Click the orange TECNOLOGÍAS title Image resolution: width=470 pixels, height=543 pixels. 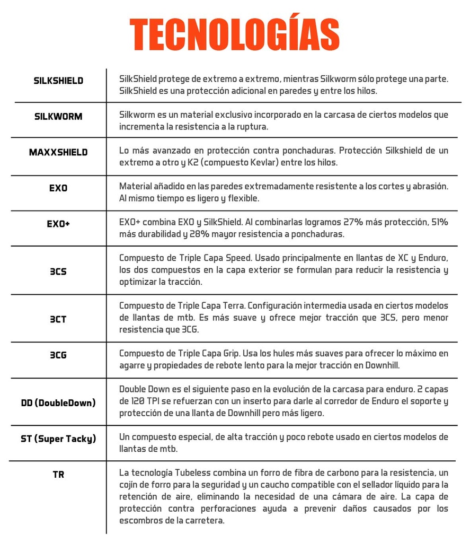[x=235, y=35]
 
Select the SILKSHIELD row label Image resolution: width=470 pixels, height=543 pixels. [x=58, y=81]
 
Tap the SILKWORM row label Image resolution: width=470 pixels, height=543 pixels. [x=58, y=116]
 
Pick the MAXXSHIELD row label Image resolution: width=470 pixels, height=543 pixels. [x=58, y=152]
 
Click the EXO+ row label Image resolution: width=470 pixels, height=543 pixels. [x=58, y=224]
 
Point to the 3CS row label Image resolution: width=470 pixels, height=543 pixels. [x=58, y=271]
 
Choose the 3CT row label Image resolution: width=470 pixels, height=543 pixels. [x=58, y=319]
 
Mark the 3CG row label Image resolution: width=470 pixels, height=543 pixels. [x=58, y=355]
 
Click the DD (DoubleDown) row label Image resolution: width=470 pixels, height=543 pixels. [x=58, y=402]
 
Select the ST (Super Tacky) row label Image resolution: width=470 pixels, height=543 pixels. [x=58, y=439]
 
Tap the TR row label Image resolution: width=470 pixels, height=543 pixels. [x=58, y=474]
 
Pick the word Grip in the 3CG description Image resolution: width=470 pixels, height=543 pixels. [x=227, y=353]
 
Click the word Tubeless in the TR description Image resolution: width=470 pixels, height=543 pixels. [x=191, y=472]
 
